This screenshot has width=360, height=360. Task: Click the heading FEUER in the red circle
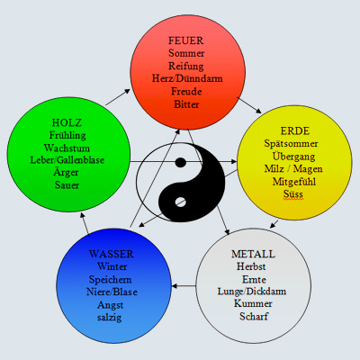click(x=185, y=40)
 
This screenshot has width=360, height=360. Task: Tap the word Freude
click(x=186, y=91)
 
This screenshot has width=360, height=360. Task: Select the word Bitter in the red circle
click(x=186, y=104)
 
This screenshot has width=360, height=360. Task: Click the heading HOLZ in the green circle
click(x=67, y=122)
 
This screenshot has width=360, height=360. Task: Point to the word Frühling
click(x=67, y=135)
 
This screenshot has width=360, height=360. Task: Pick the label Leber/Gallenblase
click(x=67, y=160)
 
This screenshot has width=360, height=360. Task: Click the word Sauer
click(x=67, y=185)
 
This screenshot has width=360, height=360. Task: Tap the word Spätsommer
click(x=291, y=144)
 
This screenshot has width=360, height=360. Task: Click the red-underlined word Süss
click(x=293, y=194)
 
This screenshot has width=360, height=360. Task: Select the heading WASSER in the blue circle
click(x=111, y=254)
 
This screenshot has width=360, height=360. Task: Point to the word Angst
click(x=110, y=305)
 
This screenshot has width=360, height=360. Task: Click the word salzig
click(x=109, y=318)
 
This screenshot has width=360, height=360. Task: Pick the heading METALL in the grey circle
click(x=253, y=254)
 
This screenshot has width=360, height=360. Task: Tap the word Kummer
click(x=253, y=303)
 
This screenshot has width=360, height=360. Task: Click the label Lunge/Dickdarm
click(x=252, y=292)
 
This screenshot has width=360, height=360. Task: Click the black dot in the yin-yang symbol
click(x=181, y=162)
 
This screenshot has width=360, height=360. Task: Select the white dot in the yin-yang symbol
click(x=180, y=202)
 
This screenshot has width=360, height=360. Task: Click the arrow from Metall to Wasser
click(x=184, y=286)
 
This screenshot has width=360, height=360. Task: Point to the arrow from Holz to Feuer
click(x=118, y=97)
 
